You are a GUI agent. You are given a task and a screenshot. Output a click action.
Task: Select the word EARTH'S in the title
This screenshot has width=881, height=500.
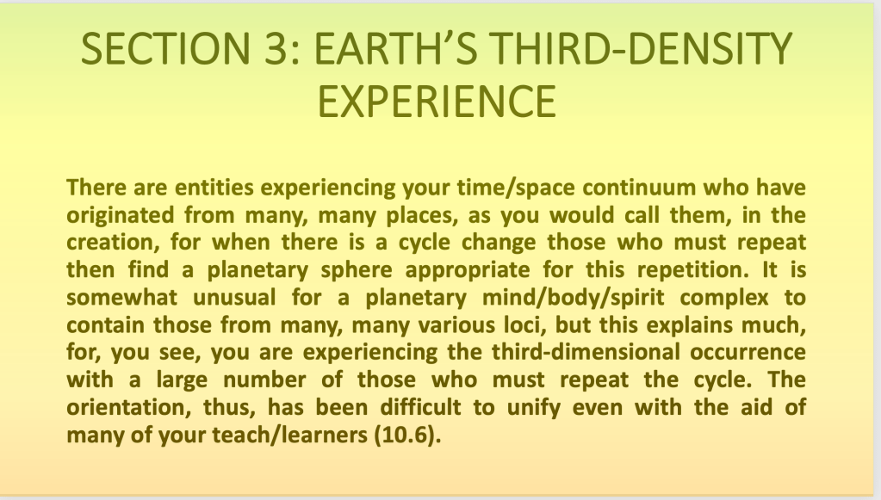(396, 49)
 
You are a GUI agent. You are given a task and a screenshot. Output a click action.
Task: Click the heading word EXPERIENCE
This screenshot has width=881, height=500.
(437, 102)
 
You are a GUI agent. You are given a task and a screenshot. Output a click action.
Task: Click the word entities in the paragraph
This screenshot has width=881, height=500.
(214, 188)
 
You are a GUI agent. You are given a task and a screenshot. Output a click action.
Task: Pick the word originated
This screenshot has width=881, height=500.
(119, 216)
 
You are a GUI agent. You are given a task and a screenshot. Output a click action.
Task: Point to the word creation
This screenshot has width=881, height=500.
(114, 243)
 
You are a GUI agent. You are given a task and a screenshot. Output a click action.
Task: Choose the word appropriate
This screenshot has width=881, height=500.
(468, 270)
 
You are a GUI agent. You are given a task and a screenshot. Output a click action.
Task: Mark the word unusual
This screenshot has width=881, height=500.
(234, 298)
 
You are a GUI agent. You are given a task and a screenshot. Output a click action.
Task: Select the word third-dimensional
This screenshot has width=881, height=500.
(586, 353)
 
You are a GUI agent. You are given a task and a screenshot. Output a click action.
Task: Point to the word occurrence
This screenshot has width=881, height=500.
(748, 353)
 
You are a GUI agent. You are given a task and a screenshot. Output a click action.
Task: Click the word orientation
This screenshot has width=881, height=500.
(128, 408)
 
